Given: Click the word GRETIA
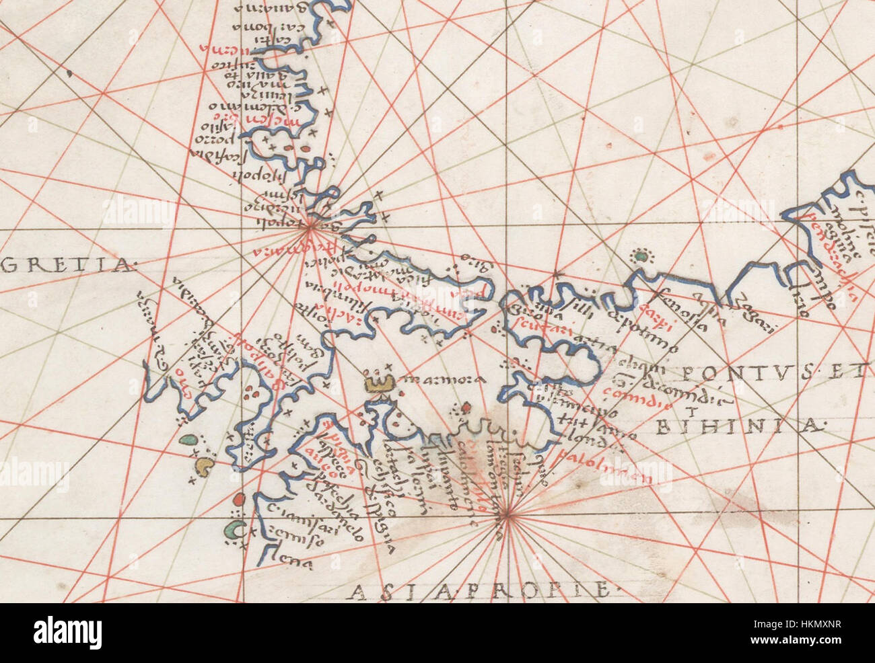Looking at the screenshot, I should coord(67,266).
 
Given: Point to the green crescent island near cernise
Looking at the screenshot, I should coord(233,530).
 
